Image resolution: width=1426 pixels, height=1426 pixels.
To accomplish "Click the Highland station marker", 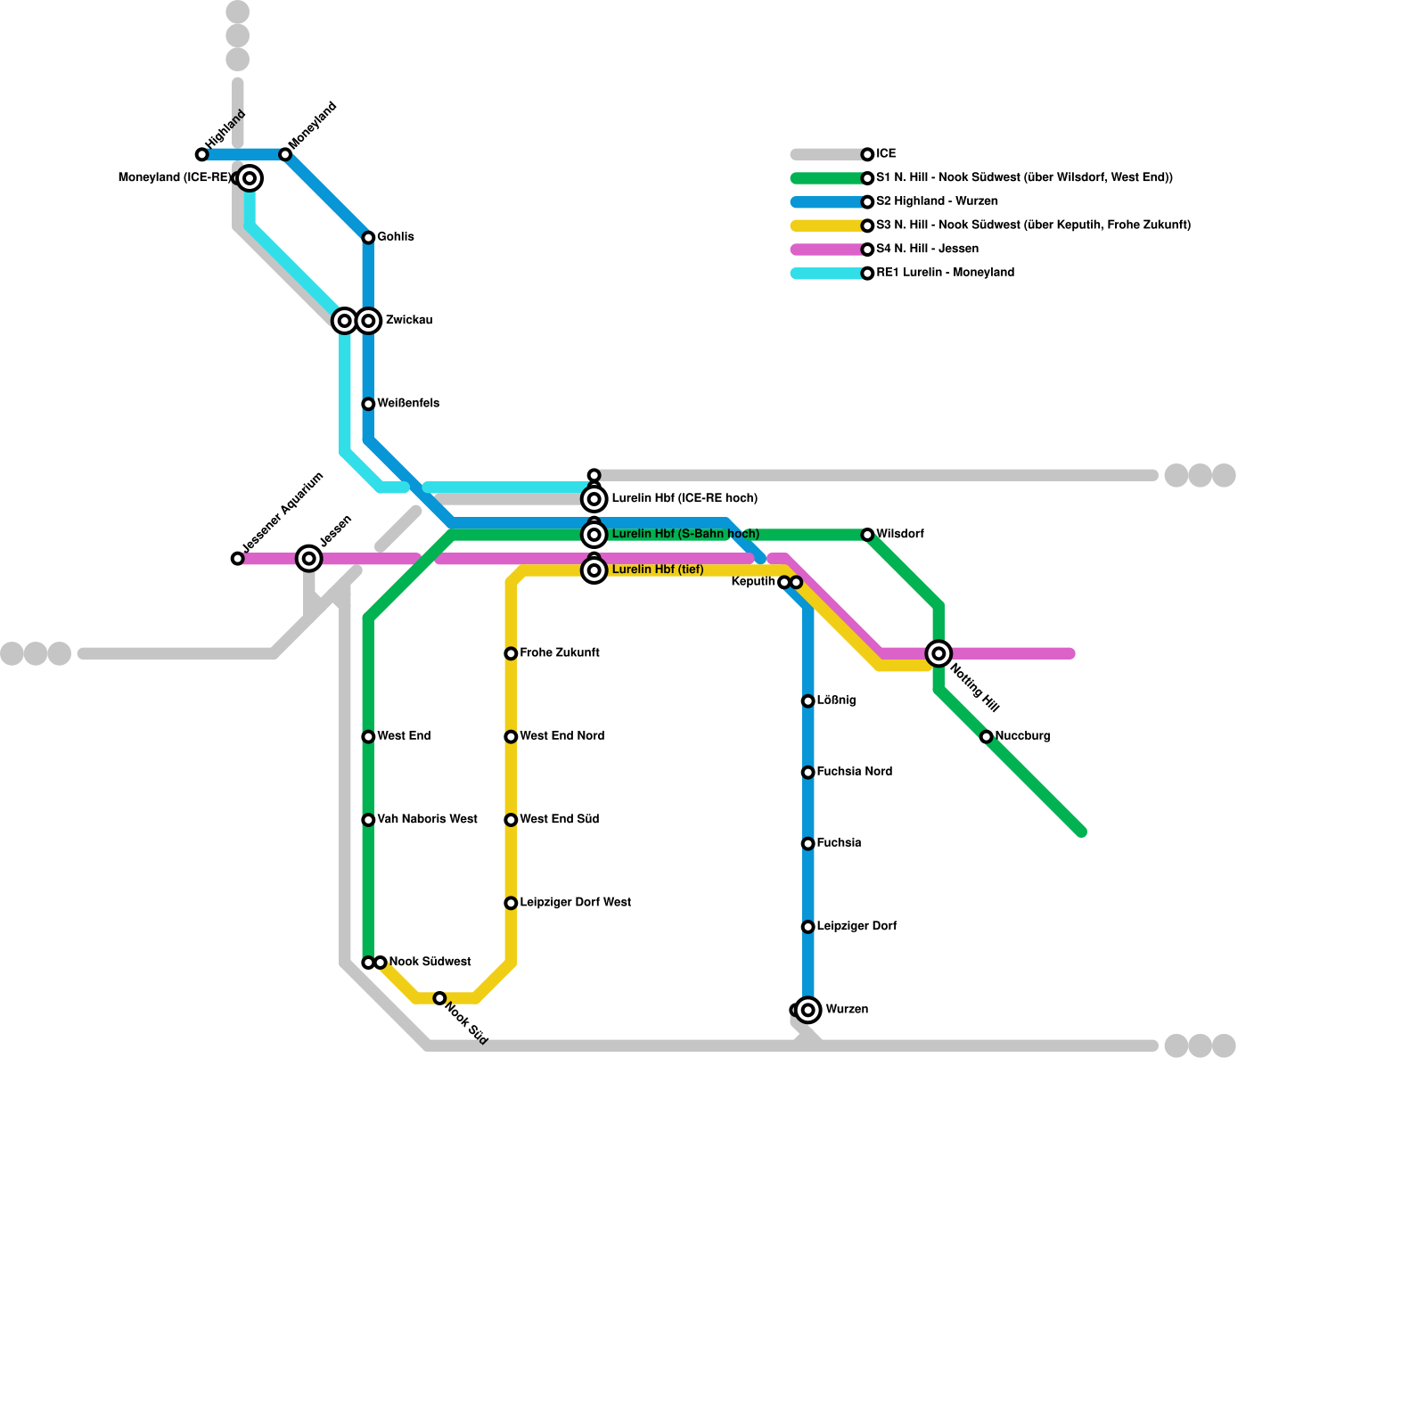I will click(x=202, y=155).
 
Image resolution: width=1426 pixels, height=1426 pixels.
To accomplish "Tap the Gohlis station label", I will click(x=395, y=237).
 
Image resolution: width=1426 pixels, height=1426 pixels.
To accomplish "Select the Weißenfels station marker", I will click(x=368, y=405).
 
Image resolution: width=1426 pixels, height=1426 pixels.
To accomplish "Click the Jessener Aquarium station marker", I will click(x=237, y=559).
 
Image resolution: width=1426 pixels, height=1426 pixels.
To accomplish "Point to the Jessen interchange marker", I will click(x=309, y=559).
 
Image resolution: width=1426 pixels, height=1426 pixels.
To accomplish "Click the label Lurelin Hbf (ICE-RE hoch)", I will click(x=684, y=498).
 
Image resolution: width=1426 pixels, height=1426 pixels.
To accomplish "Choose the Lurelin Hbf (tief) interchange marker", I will click(x=594, y=570).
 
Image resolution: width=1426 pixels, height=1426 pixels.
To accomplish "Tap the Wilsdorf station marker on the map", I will click(x=867, y=535).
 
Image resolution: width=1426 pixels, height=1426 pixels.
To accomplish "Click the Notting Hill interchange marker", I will click(x=938, y=654).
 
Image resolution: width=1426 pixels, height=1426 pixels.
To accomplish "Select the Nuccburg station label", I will click(x=1022, y=736).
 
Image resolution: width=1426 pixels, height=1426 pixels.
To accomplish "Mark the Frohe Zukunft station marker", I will click(x=511, y=654).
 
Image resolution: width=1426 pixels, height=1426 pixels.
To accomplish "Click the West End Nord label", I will click(x=561, y=736).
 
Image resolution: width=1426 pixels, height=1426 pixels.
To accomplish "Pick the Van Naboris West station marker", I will click(x=368, y=820).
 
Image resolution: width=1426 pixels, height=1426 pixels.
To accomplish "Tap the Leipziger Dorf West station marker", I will click(x=511, y=904).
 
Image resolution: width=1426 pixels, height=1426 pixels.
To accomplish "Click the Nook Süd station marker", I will click(x=439, y=998).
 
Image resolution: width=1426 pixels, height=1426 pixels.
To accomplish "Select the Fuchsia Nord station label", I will click(x=854, y=772).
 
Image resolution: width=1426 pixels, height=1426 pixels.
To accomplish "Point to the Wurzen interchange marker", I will click(x=808, y=1010).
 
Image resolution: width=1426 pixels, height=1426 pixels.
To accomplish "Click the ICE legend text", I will click(x=886, y=154).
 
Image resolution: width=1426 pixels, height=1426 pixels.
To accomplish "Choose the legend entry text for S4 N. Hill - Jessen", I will click(x=927, y=250).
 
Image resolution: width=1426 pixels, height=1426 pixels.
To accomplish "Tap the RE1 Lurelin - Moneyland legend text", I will click(x=945, y=273).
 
